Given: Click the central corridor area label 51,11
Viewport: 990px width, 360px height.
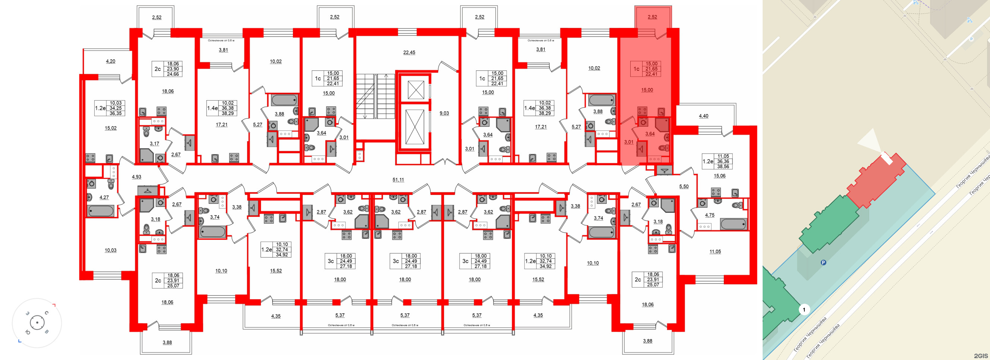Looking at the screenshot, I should [398, 179].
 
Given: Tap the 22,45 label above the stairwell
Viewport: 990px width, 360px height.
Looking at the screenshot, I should [409, 52].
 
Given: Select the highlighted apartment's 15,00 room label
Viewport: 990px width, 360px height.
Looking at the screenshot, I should [647, 90].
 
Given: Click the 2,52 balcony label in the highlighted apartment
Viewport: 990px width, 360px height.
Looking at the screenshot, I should [652, 17].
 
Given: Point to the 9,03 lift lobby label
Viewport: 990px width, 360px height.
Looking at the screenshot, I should [444, 113].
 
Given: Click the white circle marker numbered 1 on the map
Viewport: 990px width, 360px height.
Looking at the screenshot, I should [804, 309].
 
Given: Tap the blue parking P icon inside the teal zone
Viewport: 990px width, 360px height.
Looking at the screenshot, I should [823, 263].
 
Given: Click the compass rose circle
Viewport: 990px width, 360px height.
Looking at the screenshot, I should [37, 323].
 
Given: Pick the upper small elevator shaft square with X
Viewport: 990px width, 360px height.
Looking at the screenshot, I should [416, 90].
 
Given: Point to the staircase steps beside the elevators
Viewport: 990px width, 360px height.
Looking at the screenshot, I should [370, 96].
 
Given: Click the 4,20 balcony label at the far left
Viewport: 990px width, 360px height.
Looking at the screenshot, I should [110, 61].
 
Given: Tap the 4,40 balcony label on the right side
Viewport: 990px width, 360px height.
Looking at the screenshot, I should [703, 116].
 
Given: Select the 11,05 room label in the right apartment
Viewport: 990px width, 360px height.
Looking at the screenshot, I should [715, 252].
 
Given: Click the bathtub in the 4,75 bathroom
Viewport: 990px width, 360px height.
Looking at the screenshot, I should [733, 224].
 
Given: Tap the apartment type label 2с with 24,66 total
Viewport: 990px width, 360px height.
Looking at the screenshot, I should [158, 69].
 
